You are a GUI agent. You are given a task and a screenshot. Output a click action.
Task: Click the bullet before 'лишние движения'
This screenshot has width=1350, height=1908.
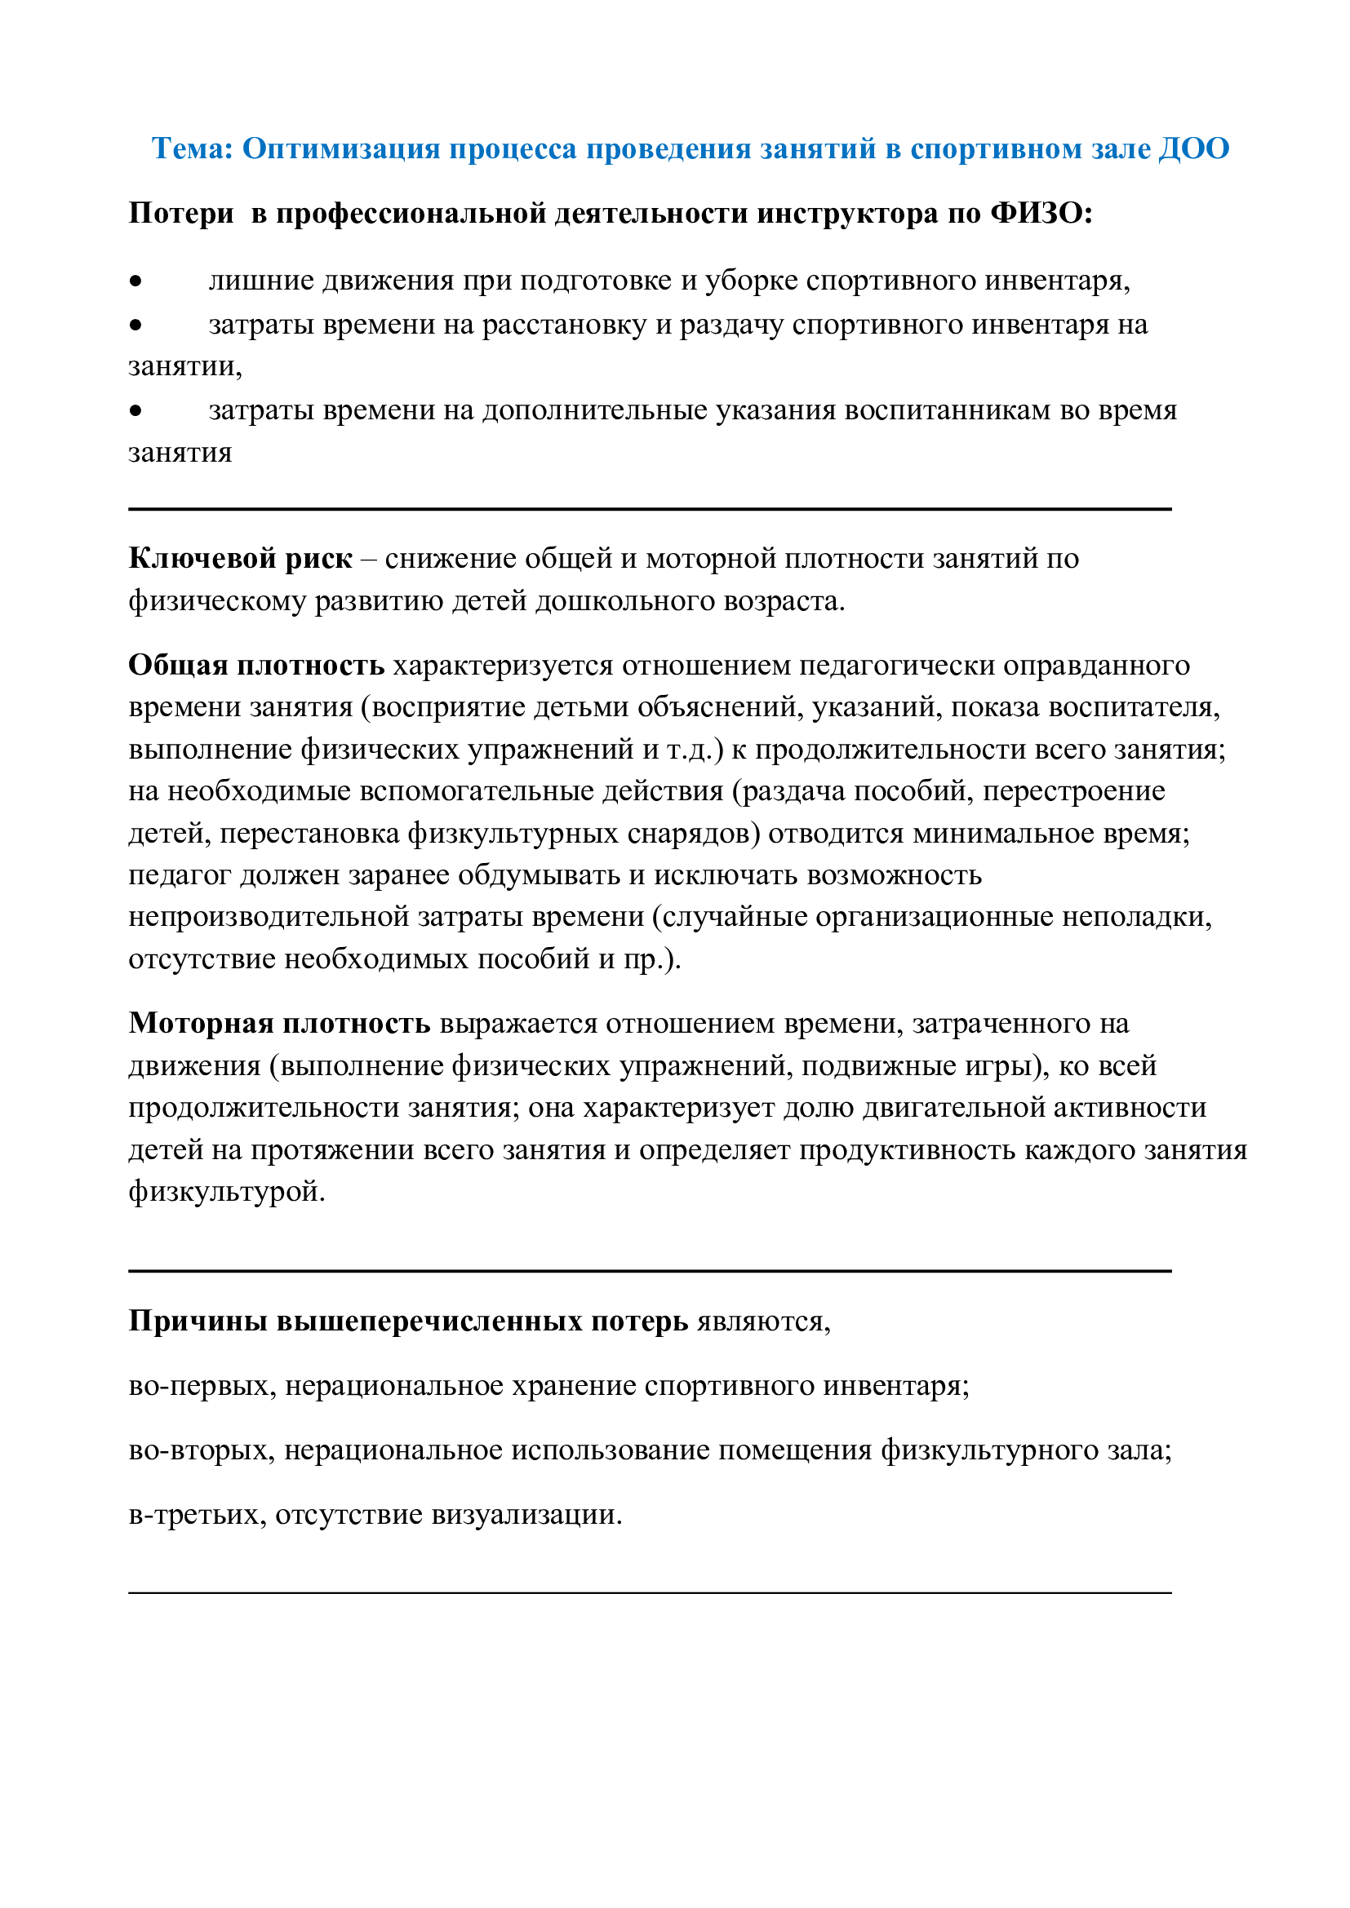tap(135, 281)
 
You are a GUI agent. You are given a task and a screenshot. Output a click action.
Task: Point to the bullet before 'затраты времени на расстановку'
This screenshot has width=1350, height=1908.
tap(135, 325)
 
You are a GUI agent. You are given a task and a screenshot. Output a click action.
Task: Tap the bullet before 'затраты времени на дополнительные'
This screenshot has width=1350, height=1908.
tap(135, 410)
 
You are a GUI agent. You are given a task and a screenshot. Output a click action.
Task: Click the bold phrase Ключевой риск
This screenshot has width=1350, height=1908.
tap(240, 559)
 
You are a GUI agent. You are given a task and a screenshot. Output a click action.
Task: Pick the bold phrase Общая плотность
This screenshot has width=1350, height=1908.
tap(256, 665)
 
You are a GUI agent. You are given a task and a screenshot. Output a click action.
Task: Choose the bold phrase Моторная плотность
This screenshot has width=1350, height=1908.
tap(279, 1023)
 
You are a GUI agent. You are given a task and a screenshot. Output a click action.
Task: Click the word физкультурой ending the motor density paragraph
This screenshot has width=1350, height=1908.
tap(226, 1192)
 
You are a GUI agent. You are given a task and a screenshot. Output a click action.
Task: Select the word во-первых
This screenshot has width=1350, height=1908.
tap(202, 1385)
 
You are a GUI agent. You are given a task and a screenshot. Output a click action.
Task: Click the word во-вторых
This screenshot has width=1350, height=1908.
tap(201, 1450)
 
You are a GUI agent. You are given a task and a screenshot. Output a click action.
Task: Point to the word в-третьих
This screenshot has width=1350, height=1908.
tap(197, 1514)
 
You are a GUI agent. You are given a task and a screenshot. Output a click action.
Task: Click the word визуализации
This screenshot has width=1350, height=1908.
tap(526, 1514)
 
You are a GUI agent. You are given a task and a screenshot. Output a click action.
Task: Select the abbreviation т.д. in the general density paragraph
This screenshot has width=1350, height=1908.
tap(691, 750)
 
